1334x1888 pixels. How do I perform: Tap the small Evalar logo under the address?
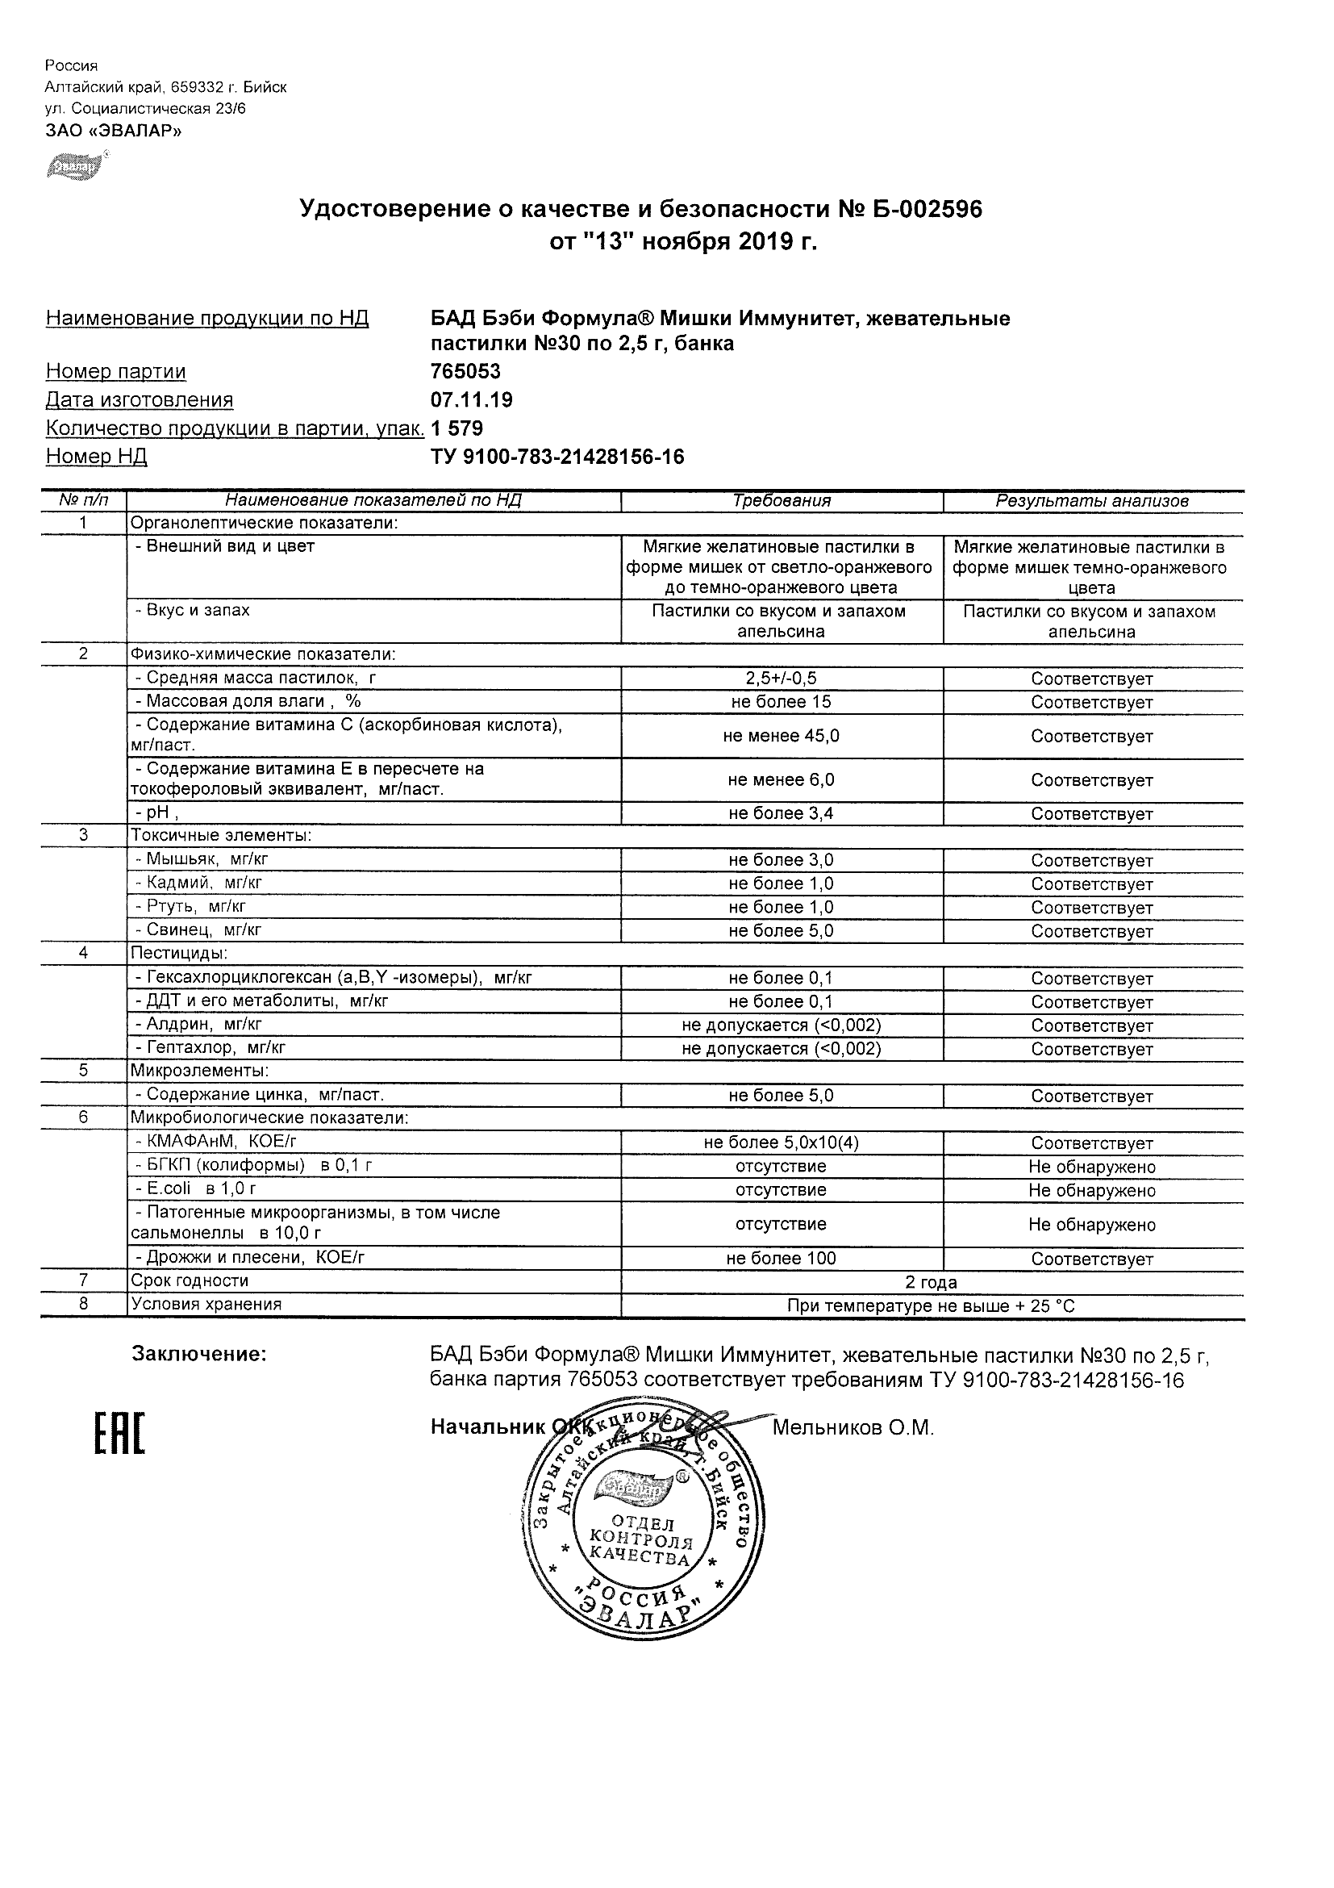(x=77, y=167)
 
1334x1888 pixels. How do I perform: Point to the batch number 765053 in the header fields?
(x=465, y=372)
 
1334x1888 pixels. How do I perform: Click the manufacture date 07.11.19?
(x=471, y=399)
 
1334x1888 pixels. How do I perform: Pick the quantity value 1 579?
(x=457, y=428)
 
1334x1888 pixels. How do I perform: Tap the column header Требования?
(x=781, y=501)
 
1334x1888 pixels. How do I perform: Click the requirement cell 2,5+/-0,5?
(x=781, y=679)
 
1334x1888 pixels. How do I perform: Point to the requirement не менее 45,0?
(x=781, y=736)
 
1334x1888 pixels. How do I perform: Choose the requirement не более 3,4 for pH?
(x=781, y=813)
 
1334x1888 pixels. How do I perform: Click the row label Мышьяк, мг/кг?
(x=202, y=859)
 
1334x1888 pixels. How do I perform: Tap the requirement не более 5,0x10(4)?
(x=781, y=1143)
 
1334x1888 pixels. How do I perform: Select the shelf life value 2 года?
(x=931, y=1282)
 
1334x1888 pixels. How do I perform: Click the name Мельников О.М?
(x=853, y=1428)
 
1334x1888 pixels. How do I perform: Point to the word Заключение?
(x=199, y=1355)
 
